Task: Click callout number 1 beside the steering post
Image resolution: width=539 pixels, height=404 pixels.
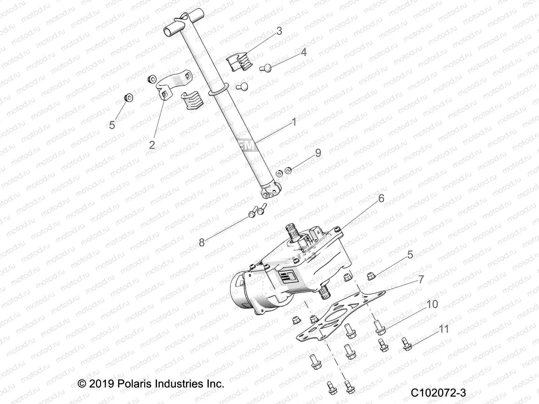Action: point(294,122)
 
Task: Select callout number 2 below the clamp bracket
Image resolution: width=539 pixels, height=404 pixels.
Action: point(152,145)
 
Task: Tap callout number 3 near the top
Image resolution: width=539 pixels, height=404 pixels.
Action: point(279,31)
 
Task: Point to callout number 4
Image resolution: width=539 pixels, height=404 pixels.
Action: point(304,52)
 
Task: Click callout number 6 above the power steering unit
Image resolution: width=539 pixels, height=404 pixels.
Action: point(381,198)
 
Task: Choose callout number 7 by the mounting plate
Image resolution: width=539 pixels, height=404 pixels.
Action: point(421,279)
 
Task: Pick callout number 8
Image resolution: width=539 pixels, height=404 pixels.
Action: point(201,242)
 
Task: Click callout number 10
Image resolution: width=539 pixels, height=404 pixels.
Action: point(432,304)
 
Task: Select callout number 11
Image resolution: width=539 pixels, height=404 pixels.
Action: point(444,329)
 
